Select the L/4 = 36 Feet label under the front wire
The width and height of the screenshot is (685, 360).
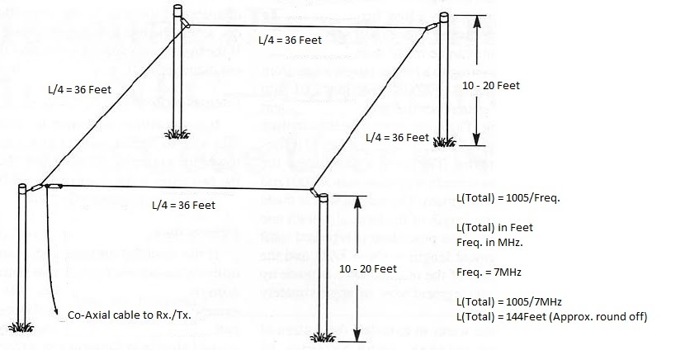tap(183, 205)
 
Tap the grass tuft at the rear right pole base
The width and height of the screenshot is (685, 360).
tap(445, 140)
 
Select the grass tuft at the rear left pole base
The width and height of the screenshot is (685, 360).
tap(176, 132)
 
